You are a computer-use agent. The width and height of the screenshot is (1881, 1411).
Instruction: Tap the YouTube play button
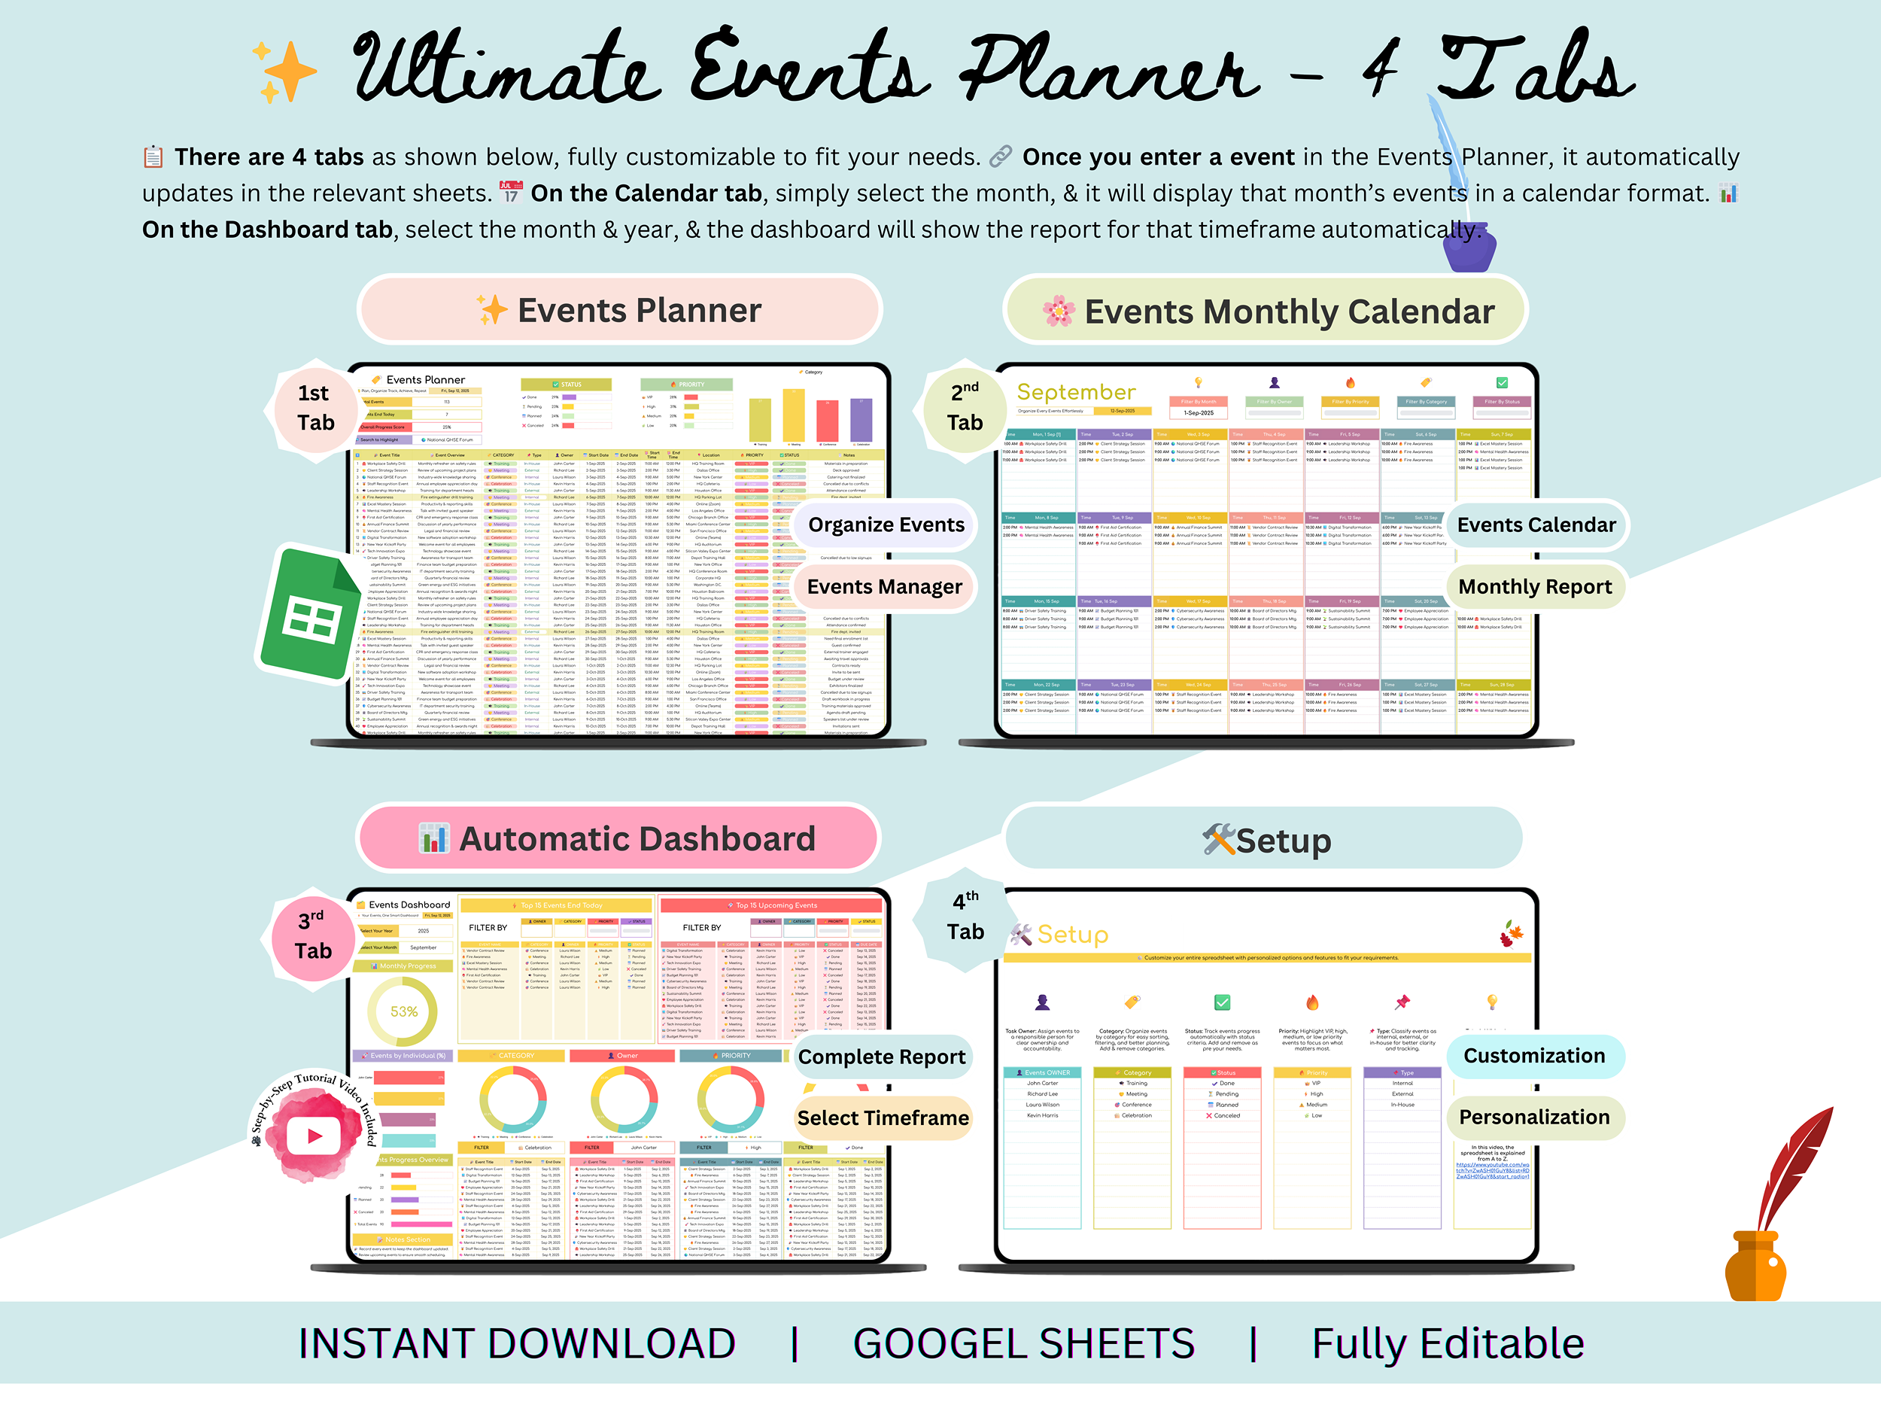pos(314,1136)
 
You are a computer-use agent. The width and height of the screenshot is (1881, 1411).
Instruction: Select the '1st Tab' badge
pos(315,408)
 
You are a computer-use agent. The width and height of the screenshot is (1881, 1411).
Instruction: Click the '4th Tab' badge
pos(965,917)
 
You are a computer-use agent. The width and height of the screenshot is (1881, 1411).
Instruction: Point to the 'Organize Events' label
pos(886,525)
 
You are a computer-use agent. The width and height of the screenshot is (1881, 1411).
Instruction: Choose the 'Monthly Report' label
pos(1534,587)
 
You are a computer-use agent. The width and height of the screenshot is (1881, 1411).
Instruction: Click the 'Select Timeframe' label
pos(883,1118)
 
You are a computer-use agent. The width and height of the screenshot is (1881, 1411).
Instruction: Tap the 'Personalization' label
pos(1533,1117)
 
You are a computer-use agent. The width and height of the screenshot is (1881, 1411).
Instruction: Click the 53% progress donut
pos(403,1011)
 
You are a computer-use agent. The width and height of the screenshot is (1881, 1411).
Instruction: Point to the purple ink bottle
pos(1469,248)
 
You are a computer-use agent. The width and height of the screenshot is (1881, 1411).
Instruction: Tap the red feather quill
pos(1794,1165)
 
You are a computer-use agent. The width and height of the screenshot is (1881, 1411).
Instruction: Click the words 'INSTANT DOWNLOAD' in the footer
pos(516,1344)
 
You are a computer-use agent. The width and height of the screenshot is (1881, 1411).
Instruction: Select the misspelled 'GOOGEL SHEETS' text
pos(1023,1344)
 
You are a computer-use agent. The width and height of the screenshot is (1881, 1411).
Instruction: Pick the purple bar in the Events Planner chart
pos(861,420)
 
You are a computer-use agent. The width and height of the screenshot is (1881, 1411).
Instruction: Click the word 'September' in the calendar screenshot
pos(1076,392)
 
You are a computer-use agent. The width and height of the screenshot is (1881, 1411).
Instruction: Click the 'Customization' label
pos(1533,1056)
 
